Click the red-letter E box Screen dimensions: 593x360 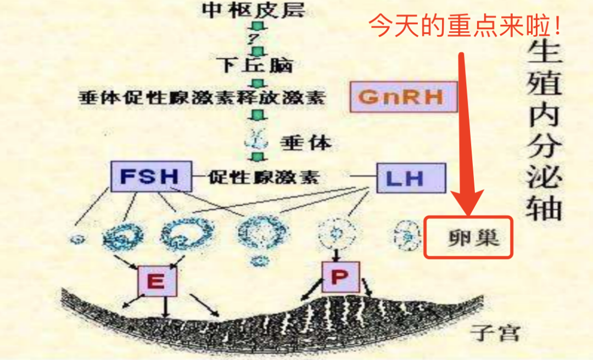pos(156,282)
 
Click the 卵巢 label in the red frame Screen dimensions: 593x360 pos(470,237)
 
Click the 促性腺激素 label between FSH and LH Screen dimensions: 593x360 pos(264,177)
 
